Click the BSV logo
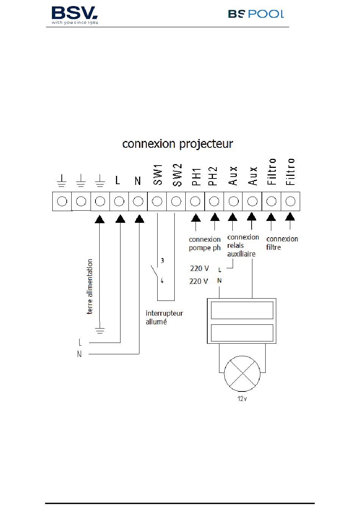tap(75, 15)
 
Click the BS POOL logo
tap(256, 14)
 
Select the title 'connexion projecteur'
tap(177, 144)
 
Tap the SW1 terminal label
tap(158, 174)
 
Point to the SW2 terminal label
tap(177, 175)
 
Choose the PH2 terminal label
tap(213, 176)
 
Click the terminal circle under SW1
tap(157, 201)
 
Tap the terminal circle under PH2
tap(214, 201)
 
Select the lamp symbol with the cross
tap(242, 374)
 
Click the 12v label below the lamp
tap(242, 399)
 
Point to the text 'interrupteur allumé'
tap(164, 317)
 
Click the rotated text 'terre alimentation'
tap(90, 286)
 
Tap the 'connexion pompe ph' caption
tap(205, 244)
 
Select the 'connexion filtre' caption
tap(282, 243)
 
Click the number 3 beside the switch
tap(162, 260)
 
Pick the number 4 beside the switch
tap(162, 281)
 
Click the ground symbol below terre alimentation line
tap(100, 330)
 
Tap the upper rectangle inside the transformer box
tap(242, 310)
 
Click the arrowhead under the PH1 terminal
tap(196, 218)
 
